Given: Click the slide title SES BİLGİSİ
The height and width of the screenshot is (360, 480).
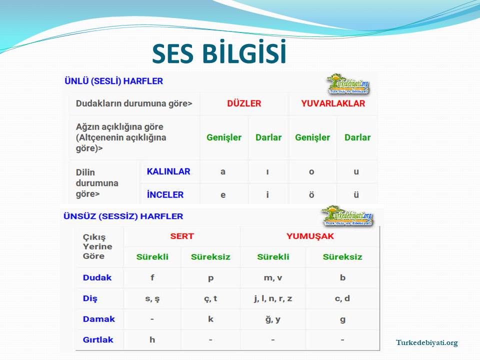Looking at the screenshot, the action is click(219, 52).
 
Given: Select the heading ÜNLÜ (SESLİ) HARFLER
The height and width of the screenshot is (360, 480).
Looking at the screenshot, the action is click(113, 81).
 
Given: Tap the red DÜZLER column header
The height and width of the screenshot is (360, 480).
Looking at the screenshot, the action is click(244, 103).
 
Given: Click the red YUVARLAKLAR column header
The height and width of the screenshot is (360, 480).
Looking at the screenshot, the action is click(333, 103).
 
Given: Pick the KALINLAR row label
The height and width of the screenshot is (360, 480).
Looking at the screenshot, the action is click(168, 171).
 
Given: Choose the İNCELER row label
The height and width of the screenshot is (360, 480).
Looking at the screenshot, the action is click(165, 194).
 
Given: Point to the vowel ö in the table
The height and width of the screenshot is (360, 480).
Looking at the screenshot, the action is click(311, 194).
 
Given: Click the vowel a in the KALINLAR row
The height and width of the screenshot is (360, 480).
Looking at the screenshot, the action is click(223, 171).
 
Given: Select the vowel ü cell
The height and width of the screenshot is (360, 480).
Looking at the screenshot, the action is click(356, 194).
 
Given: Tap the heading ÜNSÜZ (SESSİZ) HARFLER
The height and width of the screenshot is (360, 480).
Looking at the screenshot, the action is click(123, 216).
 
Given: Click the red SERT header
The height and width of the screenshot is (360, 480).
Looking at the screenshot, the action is click(182, 236).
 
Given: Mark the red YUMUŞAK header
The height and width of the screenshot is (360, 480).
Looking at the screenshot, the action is click(310, 236).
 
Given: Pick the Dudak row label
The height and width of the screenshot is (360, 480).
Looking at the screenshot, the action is click(97, 277).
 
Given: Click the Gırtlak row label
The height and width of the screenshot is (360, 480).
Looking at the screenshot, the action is click(98, 340).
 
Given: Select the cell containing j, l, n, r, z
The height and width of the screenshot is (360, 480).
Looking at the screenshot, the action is click(273, 299).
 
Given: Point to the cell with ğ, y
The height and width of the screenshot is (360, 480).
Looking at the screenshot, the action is click(273, 319).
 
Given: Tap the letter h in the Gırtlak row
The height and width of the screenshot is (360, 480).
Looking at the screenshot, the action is click(152, 339).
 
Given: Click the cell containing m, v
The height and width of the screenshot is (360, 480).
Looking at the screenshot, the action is click(273, 278).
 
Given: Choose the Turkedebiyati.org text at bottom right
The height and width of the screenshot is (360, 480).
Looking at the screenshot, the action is click(426, 342).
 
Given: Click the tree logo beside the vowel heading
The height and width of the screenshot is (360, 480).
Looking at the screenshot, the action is click(348, 83).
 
